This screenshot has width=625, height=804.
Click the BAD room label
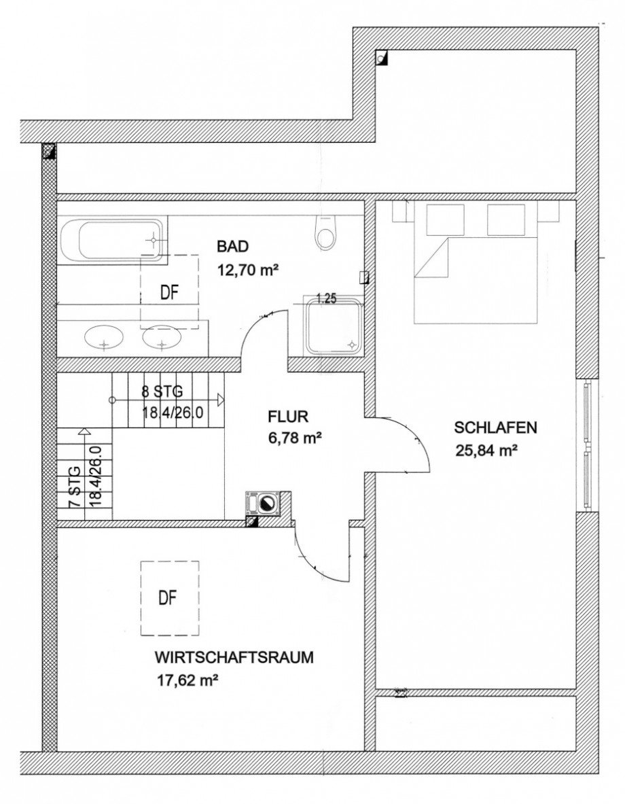233,246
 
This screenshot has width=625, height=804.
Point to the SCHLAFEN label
496,427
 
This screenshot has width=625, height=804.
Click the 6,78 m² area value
295,438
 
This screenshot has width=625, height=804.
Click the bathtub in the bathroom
113,240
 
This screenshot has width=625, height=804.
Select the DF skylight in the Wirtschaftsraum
169,598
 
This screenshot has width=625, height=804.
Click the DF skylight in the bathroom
169,292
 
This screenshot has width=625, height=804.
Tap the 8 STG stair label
162,392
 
